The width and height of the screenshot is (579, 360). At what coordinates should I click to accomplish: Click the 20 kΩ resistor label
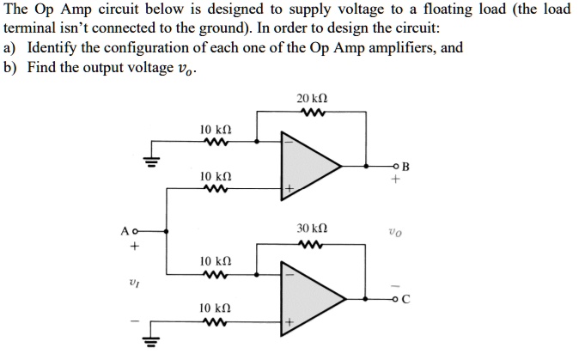coord(308,100)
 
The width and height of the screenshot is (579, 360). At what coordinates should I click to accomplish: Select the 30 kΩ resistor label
coord(308,229)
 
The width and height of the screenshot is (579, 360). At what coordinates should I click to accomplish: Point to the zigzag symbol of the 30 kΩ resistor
coord(308,244)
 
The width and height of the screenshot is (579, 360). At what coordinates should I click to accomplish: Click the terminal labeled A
coord(127,230)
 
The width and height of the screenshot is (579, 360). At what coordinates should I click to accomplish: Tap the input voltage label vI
coord(134,280)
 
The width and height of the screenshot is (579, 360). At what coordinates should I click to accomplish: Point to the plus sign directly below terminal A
coord(134,246)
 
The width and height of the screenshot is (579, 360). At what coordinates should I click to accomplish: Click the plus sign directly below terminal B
coord(395,181)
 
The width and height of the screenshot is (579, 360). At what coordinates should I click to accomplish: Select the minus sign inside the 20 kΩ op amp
coord(289,143)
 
